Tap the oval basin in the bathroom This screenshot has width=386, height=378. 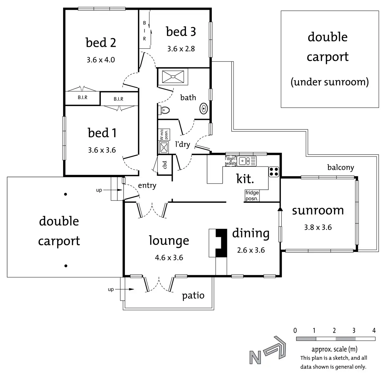pyautogui.click(x=203, y=109)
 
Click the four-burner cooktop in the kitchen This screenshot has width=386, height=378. pyautogui.click(x=274, y=172)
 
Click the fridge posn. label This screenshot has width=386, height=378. pyautogui.click(x=252, y=196)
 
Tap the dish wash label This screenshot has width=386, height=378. pyautogui.click(x=231, y=161)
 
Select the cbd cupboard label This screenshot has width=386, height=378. pyautogui.click(x=165, y=165)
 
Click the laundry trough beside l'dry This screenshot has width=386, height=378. pyautogui.click(x=164, y=147)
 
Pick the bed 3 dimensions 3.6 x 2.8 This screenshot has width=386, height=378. pyautogui.click(x=181, y=49)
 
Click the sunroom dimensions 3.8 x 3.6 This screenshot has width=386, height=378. pyautogui.click(x=318, y=227)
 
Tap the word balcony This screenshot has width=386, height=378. pyautogui.click(x=340, y=167)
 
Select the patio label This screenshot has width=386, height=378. pyautogui.click(x=193, y=296)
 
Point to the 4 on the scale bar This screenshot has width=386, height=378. pyautogui.click(x=374, y=331)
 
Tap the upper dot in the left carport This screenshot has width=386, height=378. pyautogui.click(x=66, y=194)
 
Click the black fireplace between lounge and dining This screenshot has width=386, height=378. pyautogui.click(x=221, y=242)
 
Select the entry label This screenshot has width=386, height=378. pyautogui.click(x=147, y=185)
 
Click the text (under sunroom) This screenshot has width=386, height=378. pyautogui.click(x=330, y=82)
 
